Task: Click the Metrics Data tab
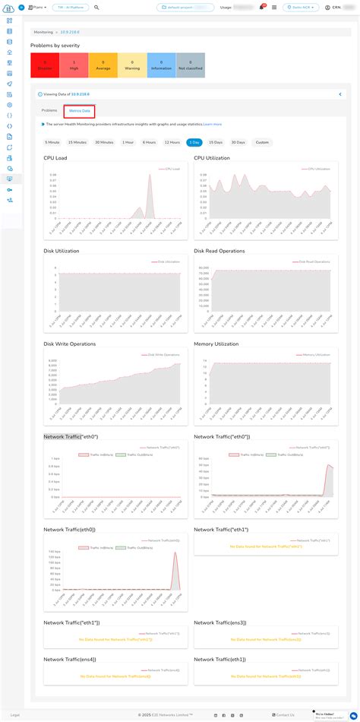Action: (79, 111)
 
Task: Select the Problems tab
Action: (49, 111)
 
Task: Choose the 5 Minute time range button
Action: (52, 142)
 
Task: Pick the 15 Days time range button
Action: (216, 142)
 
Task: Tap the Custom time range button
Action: (262, 142)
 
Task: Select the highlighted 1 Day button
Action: (194, 142)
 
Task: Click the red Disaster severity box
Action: (45, 65)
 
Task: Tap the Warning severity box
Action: (132, 65)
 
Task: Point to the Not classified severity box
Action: (191, 65)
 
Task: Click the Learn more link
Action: (213, 124)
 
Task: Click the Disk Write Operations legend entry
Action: (160, 354)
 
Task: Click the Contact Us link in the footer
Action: (285, 714)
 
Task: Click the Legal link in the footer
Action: (15, 714)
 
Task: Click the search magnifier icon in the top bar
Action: (96, 7)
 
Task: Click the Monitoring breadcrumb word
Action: (44, 33)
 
